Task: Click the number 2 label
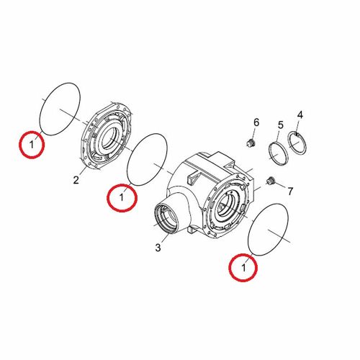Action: click(76, 180)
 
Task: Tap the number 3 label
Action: click(158, 248)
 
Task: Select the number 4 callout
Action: click(300, 115)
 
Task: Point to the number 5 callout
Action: click(281, 125)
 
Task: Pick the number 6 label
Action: click(256, 122)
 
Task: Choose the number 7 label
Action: click(290, 192)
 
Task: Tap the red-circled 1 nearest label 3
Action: click(122, 197)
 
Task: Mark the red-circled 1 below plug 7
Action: click(243, 267)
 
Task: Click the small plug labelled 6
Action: click(251, 143)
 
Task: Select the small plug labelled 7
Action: click(271, 181)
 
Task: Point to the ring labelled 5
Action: click(278, 153)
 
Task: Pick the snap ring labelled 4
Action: click(297, 143)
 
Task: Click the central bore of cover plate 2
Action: click(110, 140)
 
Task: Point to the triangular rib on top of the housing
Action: click(192, 178)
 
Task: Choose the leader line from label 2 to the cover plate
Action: click(83, 170)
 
